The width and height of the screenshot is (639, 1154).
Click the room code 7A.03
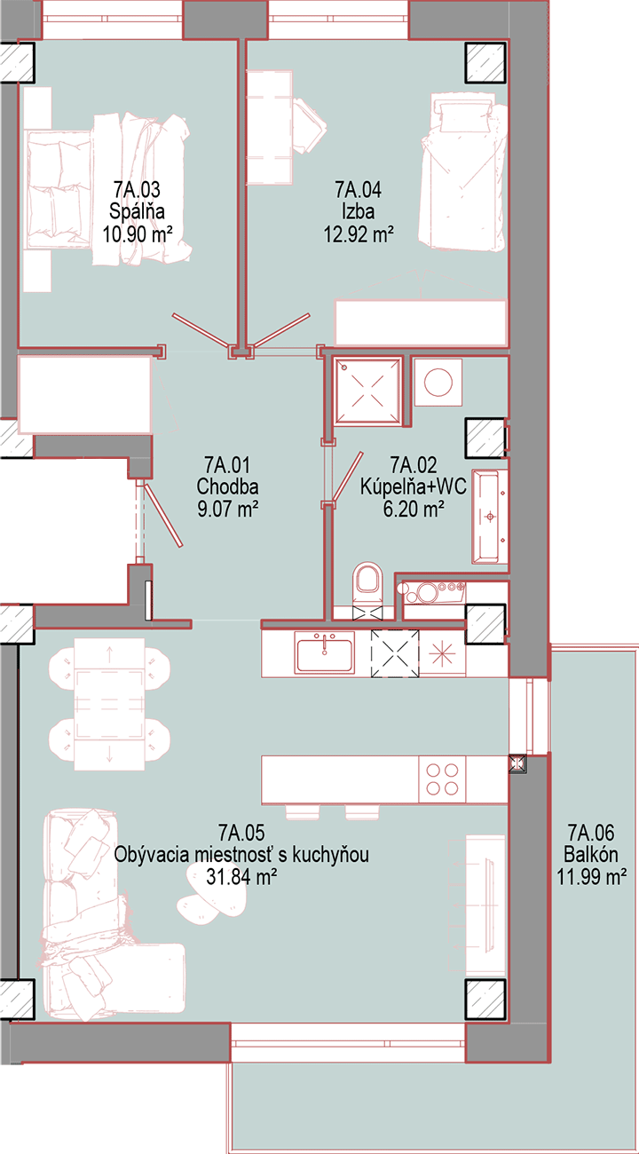pos(137,190)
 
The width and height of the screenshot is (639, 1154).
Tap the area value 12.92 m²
pos(359,234)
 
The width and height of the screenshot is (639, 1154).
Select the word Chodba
pos(227,486)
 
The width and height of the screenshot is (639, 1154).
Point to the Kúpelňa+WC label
pos(413,486)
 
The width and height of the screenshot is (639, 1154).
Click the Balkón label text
pos(590,854)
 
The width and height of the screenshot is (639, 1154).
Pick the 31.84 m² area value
pos(241,876)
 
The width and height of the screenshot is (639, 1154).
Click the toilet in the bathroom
pos(367,585)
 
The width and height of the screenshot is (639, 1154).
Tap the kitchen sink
pos(325,652)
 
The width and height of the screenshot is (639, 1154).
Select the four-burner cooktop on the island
pos(442,779)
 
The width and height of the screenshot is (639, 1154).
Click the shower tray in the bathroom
pos(367,391)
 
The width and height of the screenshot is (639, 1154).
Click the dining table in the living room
pos(109,704)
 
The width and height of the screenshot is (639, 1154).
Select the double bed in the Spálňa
pos(108,189)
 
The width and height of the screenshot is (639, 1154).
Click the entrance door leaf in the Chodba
pos(162,514)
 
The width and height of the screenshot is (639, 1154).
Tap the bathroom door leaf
pos(348,477)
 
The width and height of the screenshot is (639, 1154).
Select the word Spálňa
pos(137,212)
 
